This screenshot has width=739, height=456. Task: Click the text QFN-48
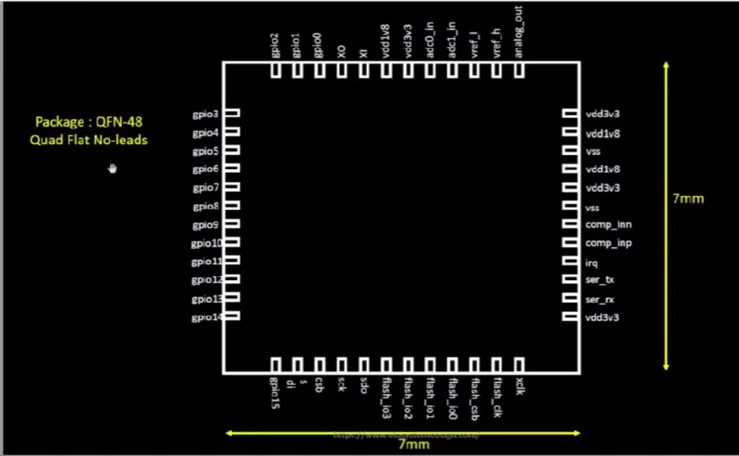point(119,122)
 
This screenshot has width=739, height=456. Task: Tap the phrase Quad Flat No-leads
point(89,140)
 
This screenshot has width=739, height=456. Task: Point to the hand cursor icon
point(112,167)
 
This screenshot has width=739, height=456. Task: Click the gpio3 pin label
point(205,114)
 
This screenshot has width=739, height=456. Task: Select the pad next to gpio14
point(232,317)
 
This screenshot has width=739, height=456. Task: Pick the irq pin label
point(592,262)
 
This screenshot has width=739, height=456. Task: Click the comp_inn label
point(608,225)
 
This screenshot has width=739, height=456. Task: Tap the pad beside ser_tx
point(570,280)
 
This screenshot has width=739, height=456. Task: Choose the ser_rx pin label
point(600,300)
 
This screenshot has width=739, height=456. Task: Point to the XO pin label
point(341,51)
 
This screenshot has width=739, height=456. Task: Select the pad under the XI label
point(363,71)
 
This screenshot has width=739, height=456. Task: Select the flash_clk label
point(497,396)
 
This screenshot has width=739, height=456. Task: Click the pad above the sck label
point(341,365)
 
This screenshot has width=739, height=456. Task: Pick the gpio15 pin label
point(275,393)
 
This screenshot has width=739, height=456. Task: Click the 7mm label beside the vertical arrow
point(688,198)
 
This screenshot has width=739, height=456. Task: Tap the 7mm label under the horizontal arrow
point(413,444)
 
